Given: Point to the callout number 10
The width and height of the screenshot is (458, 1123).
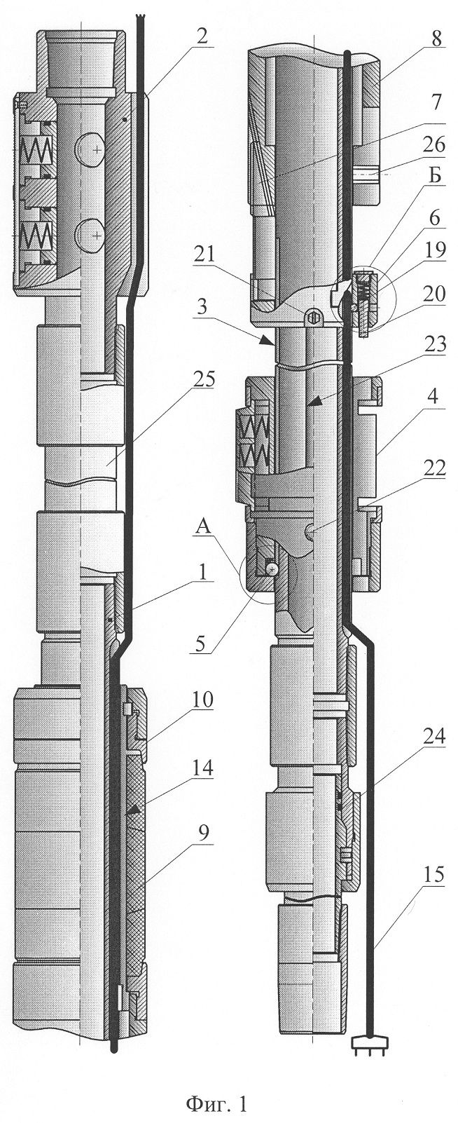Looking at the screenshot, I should coord(201,701).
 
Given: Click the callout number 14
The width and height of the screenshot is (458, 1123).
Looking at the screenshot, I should coord(201,768).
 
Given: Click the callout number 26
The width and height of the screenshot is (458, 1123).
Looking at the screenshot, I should coord(433,148).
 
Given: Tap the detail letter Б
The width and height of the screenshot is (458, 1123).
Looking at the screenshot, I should coord(436,195).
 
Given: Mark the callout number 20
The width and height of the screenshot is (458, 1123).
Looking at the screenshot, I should coord(434,293).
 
